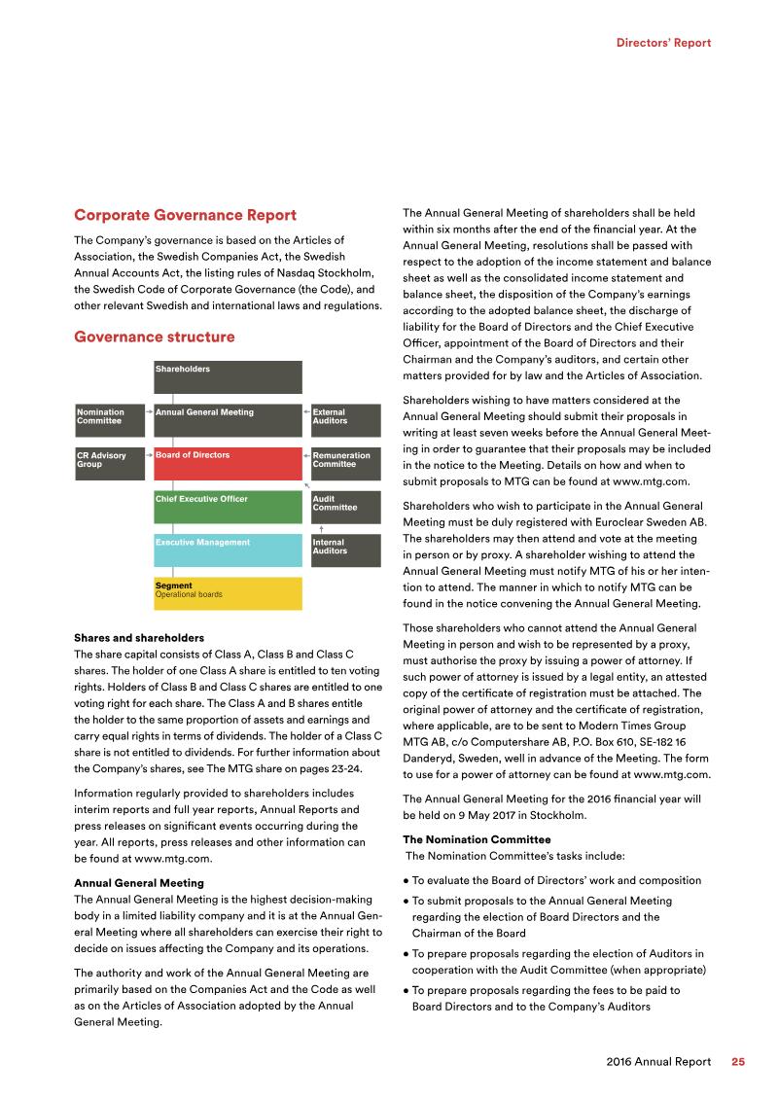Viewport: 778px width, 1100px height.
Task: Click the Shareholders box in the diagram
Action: pyautogui.click(x=228, y=376)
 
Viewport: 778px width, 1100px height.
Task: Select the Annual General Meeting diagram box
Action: pyautogui.click(x=228, y=420)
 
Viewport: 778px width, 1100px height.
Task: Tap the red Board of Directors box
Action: pyautogui.click(x=228, y=463)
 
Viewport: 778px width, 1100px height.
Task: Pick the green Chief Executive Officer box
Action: pyautogui.click(x=228, y=507)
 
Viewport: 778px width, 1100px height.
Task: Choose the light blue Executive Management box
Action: pyautogui.click(x=228, y=550)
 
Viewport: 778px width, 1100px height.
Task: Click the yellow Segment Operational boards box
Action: pyautogui.click(x=228, y=593)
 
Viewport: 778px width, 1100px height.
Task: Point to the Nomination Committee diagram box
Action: pyautogui.click(x=109, y=420)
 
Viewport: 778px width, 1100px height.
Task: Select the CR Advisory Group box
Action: pyautogui.click(x=109, y=463)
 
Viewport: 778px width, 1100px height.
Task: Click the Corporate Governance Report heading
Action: pyautogui.click(x=185, y=215)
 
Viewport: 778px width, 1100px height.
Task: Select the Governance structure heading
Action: pyautogui.click(x=154, y=337)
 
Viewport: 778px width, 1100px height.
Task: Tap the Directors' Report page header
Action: pyautogui.click(x=663, y=43)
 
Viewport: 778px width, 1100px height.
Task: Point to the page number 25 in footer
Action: pyautogui.click(x=738, y=1062)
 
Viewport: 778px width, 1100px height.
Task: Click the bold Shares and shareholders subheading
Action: pyautogui.click(x=139, y=638)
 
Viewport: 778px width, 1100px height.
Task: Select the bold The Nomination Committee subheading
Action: pyautogui.click(x=477, y=839)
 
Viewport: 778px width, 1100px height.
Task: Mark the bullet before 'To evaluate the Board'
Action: pyautogui.click(x=406, y=881)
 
